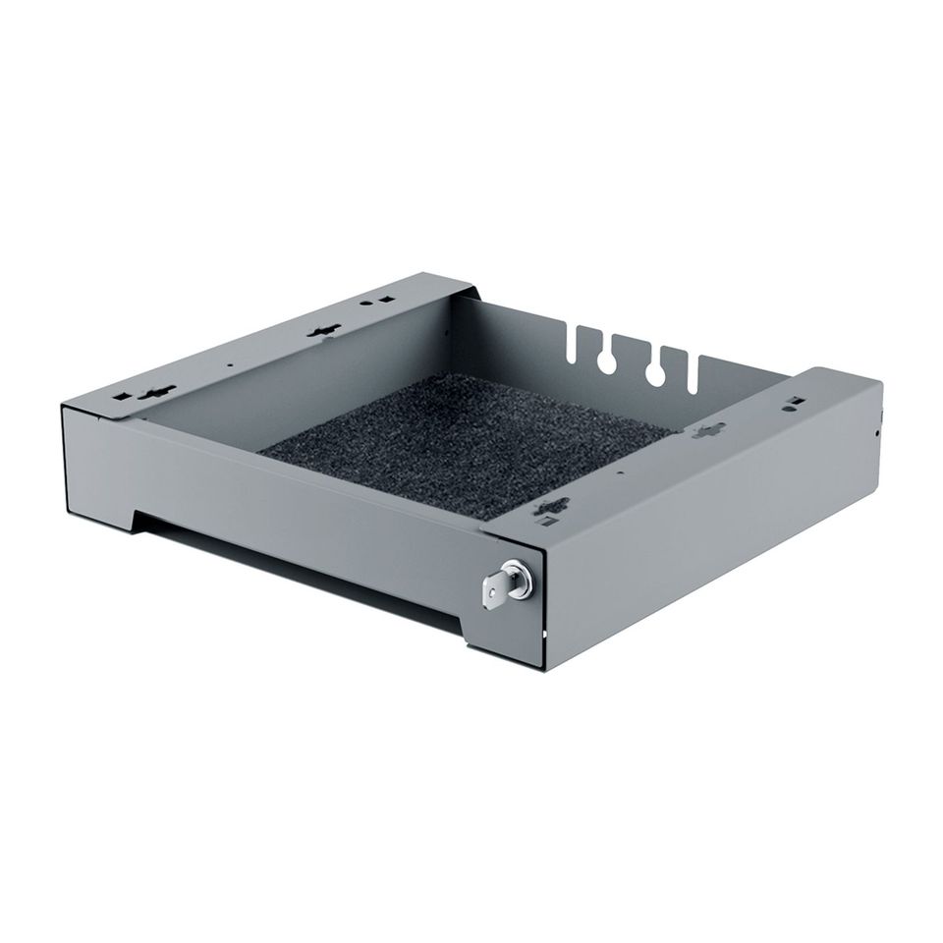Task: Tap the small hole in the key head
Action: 488,592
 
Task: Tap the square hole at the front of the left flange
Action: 124,396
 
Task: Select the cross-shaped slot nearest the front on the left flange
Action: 156,392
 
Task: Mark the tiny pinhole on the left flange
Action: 230,365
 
